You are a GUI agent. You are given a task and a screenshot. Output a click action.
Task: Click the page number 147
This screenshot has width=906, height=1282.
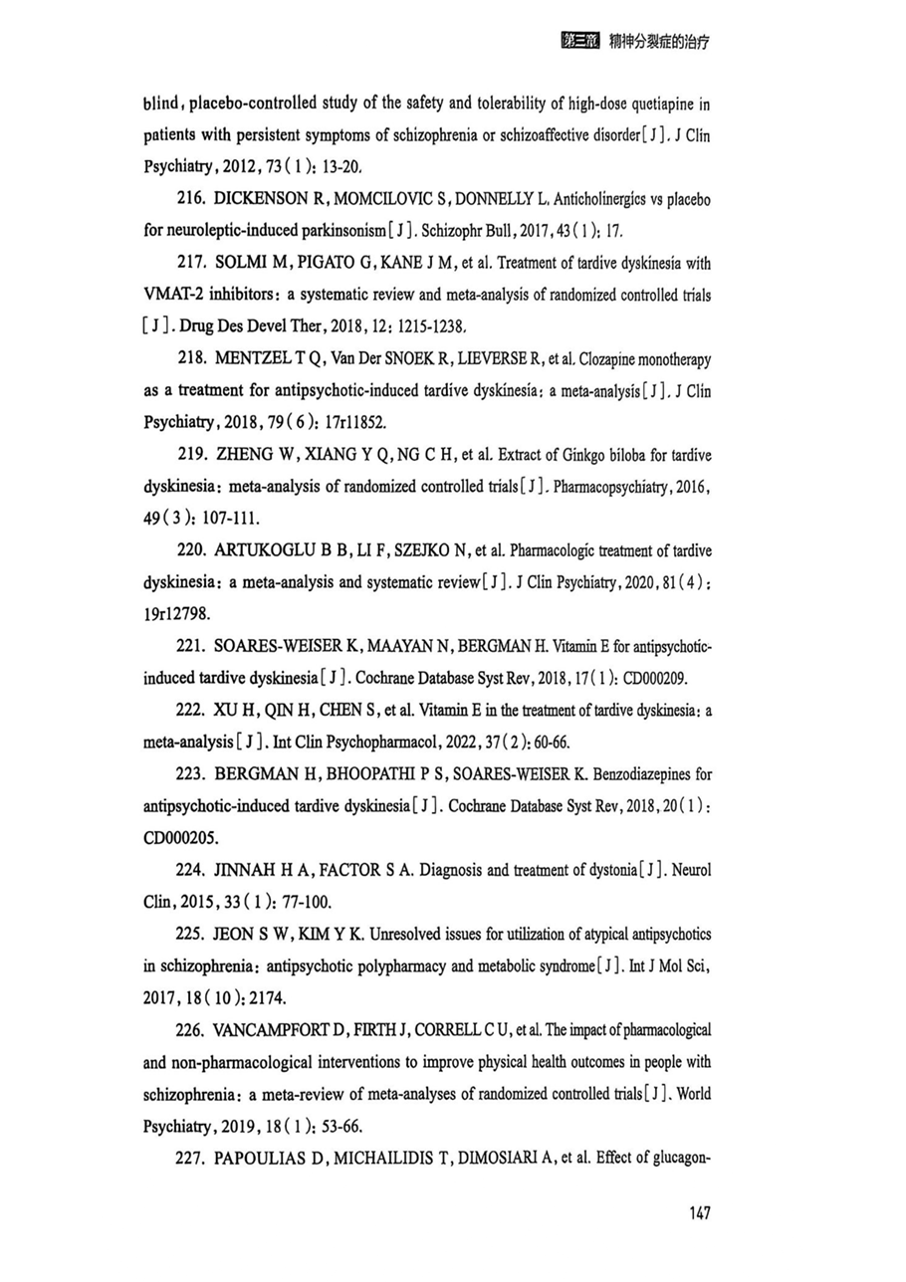pyautogui.click(x=698, y=1212)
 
